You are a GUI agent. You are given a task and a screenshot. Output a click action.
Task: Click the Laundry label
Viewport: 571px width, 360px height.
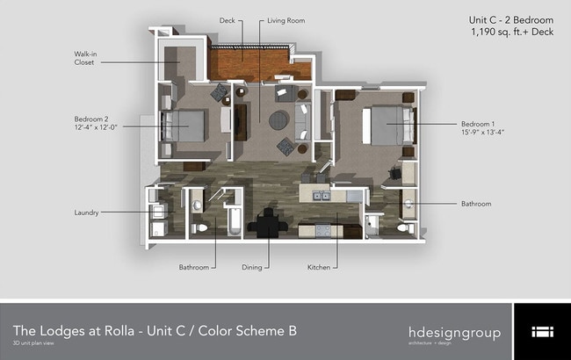point(88,212)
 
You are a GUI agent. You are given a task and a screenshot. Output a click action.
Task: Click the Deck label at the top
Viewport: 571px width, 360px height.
point(227,19)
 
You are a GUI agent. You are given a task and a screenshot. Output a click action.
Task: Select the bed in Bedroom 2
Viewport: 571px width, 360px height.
point(185,126)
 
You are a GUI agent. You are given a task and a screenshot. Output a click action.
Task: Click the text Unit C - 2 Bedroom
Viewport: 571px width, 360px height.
point(511,19)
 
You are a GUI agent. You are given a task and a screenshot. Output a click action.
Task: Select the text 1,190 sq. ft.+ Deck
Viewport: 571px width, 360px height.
point(511,32)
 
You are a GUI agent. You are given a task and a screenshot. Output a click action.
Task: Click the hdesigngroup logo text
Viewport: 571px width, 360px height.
point(454,333)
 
